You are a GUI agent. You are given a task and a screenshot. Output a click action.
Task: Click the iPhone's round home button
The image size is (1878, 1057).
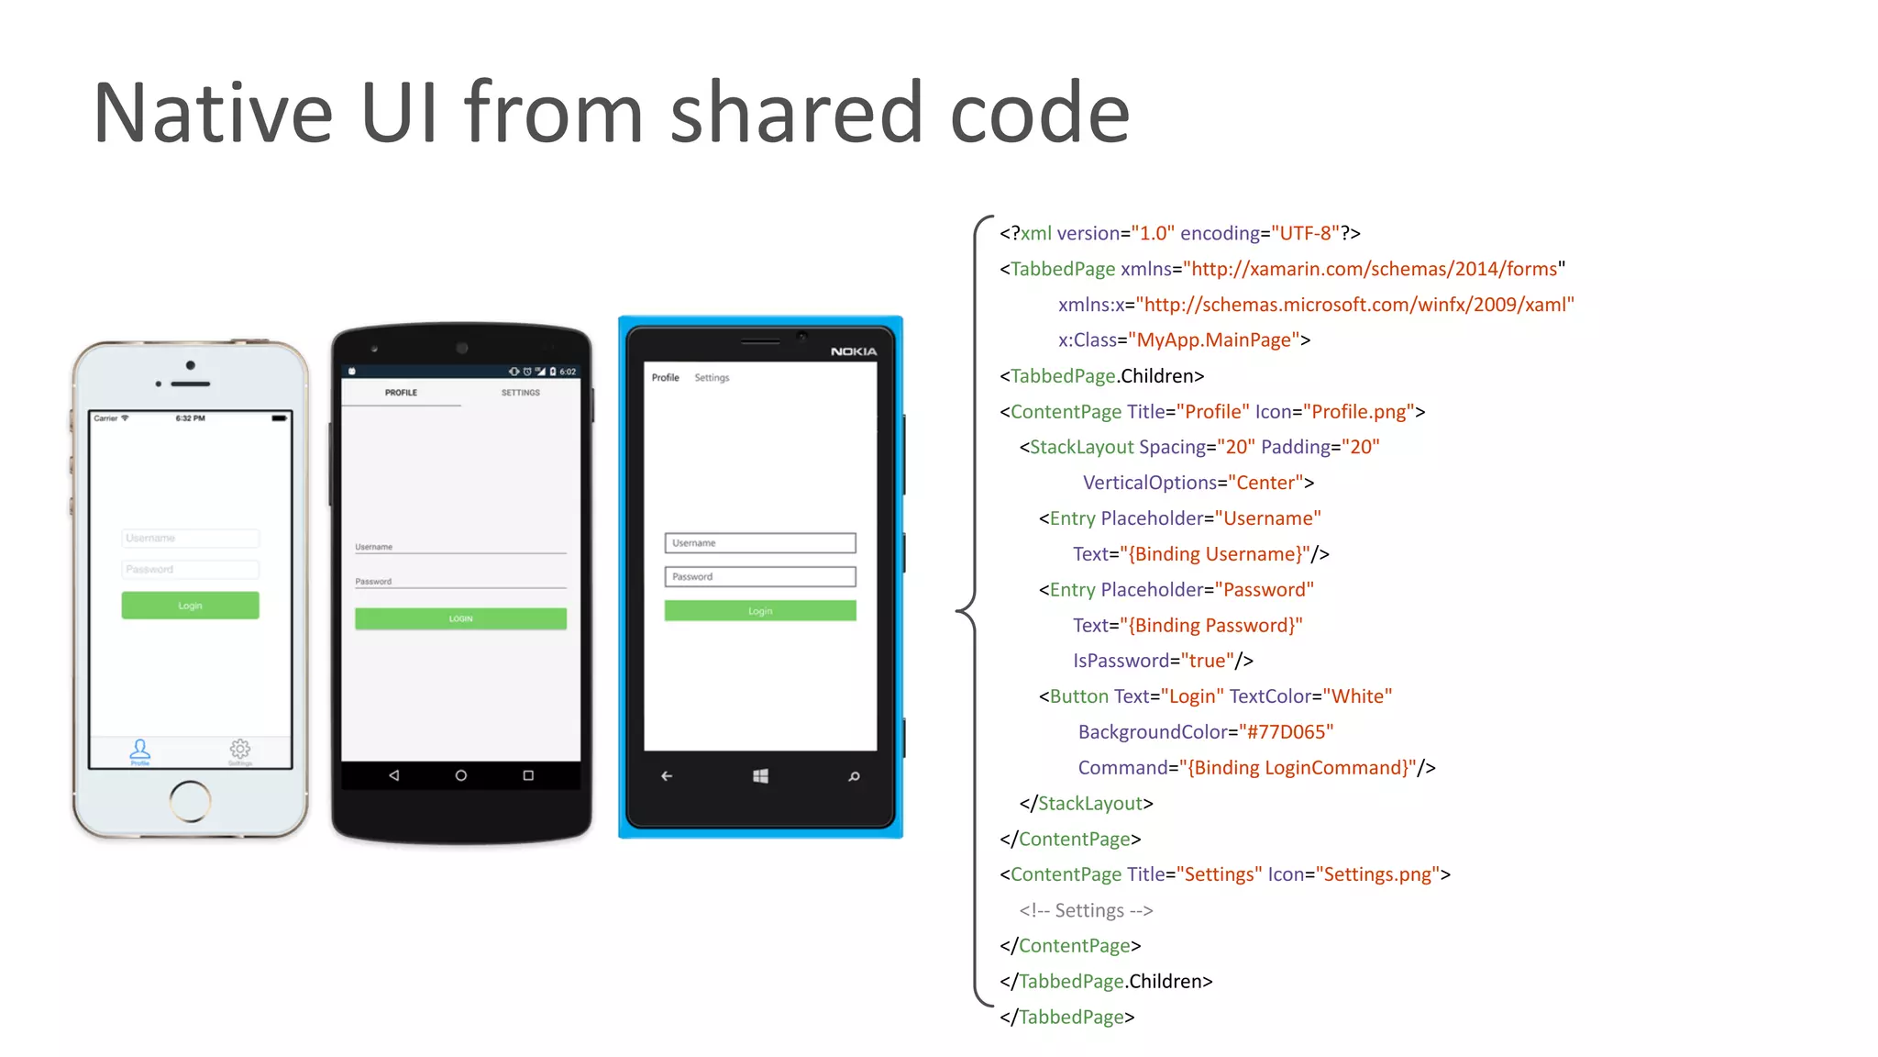[190, 800]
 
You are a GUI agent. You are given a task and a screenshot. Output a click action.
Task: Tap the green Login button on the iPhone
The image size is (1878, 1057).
[190, 606]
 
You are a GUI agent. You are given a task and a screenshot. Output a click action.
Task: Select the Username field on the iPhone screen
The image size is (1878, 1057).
[190, 539]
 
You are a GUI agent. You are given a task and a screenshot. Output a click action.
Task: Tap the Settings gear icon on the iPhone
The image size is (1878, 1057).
[240, 749]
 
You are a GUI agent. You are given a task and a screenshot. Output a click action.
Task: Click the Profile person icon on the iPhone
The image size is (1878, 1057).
[139, 749]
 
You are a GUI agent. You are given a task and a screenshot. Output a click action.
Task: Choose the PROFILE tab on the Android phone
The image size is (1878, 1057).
[401, 393]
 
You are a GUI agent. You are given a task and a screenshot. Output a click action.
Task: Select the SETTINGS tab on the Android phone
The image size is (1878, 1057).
[520, 393]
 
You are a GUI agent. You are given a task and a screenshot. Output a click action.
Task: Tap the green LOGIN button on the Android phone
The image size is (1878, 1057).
[460, 618]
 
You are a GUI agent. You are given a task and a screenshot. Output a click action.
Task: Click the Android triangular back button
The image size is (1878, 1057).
[394, 775]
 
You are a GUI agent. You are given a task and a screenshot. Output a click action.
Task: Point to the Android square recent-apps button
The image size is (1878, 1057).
[528, 775]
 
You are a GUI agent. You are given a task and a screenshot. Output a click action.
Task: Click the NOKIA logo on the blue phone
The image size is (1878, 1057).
[853, 351]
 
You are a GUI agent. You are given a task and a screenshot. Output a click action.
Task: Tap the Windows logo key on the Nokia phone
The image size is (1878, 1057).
[760, 776]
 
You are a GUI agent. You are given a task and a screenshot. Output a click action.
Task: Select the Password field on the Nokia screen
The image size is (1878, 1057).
[760, 577]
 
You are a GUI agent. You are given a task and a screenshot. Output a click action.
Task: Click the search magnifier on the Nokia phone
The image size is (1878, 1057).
[854, 776]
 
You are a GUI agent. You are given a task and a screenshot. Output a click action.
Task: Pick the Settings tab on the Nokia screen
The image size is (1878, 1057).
[712, 378]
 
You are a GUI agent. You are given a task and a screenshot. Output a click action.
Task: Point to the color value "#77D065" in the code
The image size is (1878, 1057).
[1286, 732]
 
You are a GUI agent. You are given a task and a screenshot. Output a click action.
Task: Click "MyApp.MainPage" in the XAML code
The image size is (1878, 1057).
[1214, 340]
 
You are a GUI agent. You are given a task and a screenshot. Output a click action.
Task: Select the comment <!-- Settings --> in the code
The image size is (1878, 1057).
[1086, 910]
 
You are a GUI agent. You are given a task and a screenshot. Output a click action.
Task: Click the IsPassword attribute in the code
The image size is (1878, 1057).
[1121, 661]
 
